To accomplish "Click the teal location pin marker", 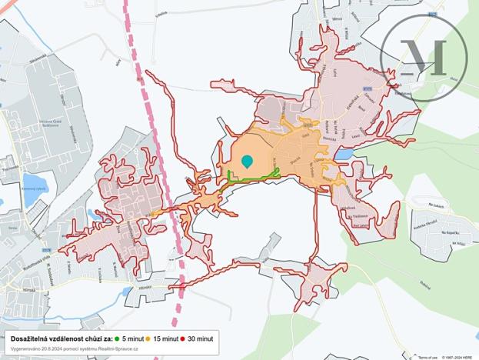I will pos(247,161).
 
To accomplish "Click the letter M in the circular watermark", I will pos(424,56).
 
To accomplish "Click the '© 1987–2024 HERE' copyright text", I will pos(460,357).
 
